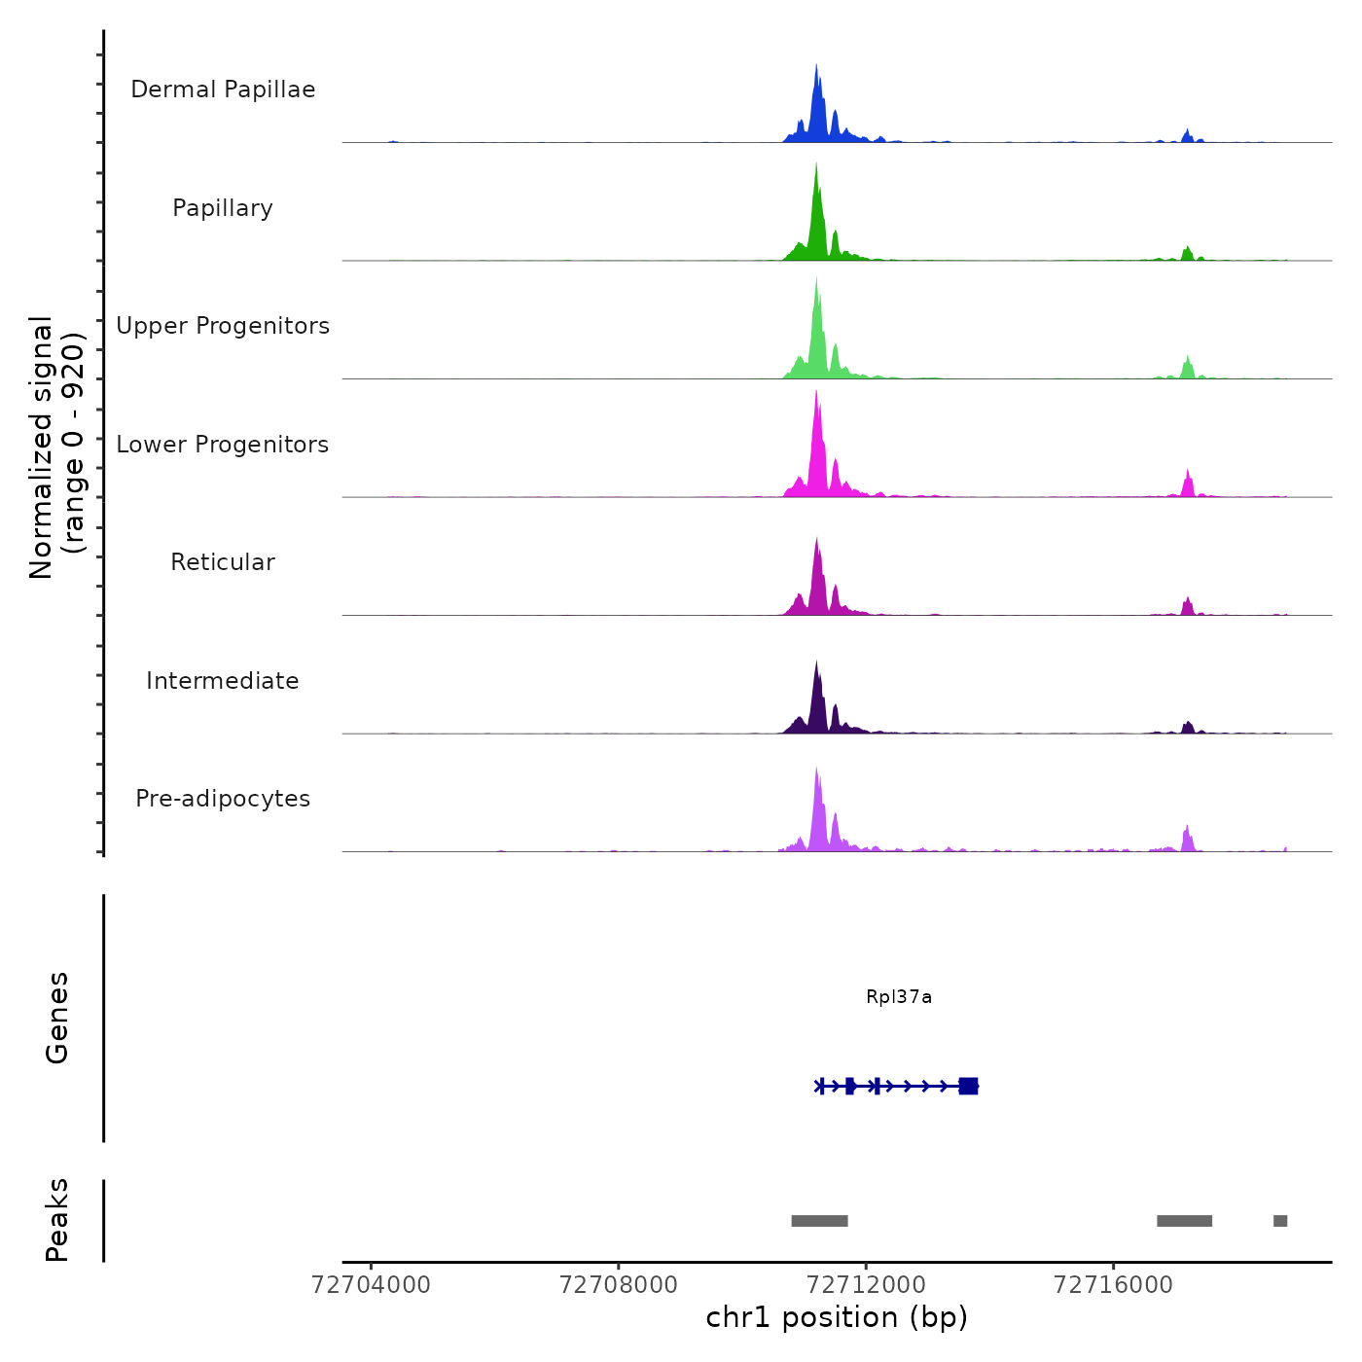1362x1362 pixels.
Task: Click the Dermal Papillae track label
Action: click(223, 90)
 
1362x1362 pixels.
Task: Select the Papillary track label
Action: click(223, 208)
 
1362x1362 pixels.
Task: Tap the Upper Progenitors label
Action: click(223, 326)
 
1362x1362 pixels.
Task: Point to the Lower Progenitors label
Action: click(223, 445)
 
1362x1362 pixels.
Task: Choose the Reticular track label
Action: click(223, 562)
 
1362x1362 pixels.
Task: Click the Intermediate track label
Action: click(223, 681)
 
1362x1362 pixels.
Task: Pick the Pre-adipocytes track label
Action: click(223, 799)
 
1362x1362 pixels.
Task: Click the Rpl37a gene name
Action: click(899, 997)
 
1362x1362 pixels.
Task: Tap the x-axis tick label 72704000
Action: click(371, 1285)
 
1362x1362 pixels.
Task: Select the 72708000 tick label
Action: click(619, 1285)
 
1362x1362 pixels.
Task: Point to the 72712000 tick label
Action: click(866, 1285)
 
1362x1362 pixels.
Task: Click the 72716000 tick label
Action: click(1114, 1285)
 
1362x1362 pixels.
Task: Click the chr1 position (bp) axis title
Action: click(837, 1318)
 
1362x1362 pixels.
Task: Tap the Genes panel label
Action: click(57, 1018)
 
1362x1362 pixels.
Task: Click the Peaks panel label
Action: click(57, 1220)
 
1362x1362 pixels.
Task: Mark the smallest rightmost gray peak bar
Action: click(1280, 1221)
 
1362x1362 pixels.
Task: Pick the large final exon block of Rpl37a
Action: click(968, 1087)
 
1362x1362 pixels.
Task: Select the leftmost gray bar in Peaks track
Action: click(819, 1221)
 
